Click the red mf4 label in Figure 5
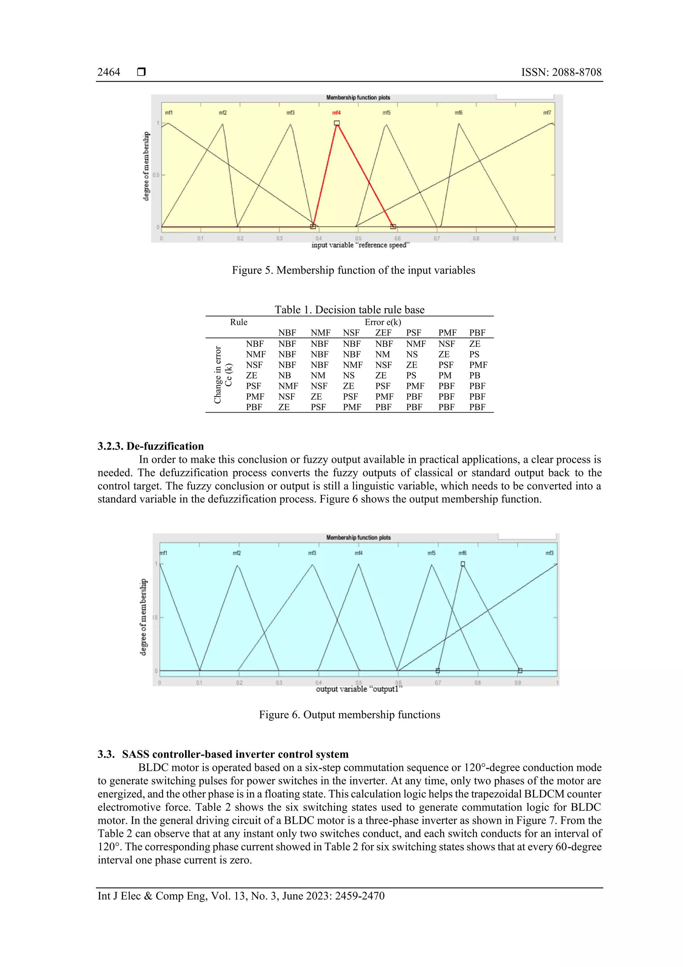coord(336,113)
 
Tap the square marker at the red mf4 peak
coord(336,123)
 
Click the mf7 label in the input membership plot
coord(547,113)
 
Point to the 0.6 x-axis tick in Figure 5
coord(397,238)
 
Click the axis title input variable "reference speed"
coord(360,245)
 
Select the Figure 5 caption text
coord(354,270)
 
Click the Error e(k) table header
coord(383,322)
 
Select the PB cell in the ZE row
coord(474,375)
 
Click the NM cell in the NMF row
coord(383,354)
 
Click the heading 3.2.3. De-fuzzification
coord(151,446)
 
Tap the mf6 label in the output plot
coord(462,553)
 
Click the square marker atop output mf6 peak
coord(463,564)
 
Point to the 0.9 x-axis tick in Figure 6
coord(517,683)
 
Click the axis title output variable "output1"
coord(359,689)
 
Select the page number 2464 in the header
coord(109,72)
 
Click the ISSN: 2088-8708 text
coord(561,72)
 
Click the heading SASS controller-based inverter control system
coord(235,754)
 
